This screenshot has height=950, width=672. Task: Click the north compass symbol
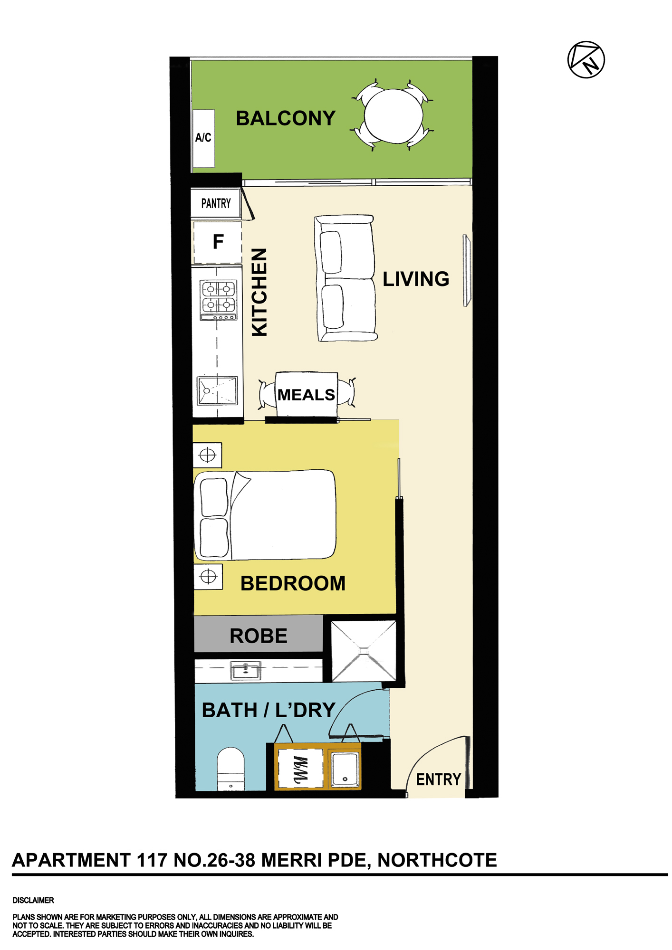[x=586, y=60]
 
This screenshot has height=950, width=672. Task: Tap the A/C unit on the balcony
[x=203, y=138]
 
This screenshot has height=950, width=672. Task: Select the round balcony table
[x=394, y=115]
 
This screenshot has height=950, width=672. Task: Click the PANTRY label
[x=216, y=203]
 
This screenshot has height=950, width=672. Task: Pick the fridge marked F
[x=218, y=242]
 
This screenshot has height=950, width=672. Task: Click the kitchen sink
[x=218, y=390]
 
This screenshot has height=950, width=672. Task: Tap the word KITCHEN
[x=259, y=292]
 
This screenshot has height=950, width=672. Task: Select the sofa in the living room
[x=346, y=278]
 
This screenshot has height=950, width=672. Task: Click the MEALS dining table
[x=307, y=394]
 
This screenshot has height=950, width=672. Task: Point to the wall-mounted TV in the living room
[x=467, y=270]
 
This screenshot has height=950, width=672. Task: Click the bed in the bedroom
[x=265, y=515]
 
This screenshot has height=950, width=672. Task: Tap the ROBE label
[x=259, y=636]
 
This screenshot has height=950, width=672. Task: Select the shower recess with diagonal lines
[x=364, y=651]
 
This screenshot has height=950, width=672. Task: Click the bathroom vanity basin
[x=246, y=671]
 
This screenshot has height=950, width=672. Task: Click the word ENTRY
[x=439, y=779]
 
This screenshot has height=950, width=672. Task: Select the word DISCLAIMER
[x=33, y=900]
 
